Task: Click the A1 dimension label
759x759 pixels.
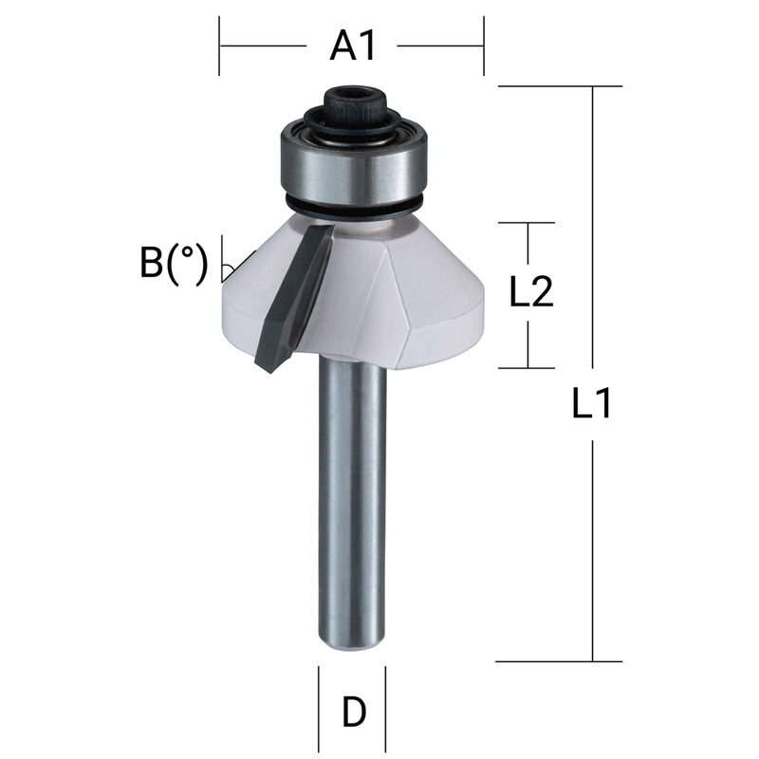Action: (353, 45)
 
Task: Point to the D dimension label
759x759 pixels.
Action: (353, 712)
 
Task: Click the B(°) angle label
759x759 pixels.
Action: (173, 263)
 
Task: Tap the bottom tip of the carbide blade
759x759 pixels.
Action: (266, 364)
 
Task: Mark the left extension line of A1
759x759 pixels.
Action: (220, 45)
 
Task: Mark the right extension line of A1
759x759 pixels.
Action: (484, 45)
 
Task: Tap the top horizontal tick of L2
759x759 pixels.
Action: (527, 223)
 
